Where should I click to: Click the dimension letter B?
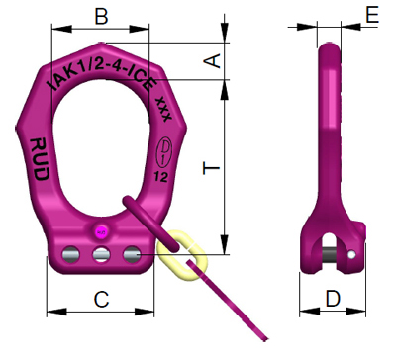[101, 17]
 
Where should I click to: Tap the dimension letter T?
[211, 168]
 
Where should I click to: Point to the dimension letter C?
[101, 300]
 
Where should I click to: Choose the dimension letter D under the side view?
[333, 298]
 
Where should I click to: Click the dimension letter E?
[372, 15]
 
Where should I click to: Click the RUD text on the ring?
[40, 159]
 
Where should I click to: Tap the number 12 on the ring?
[161, 177]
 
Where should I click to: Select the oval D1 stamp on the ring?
[165, 152]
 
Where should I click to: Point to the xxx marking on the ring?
[163, 109]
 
